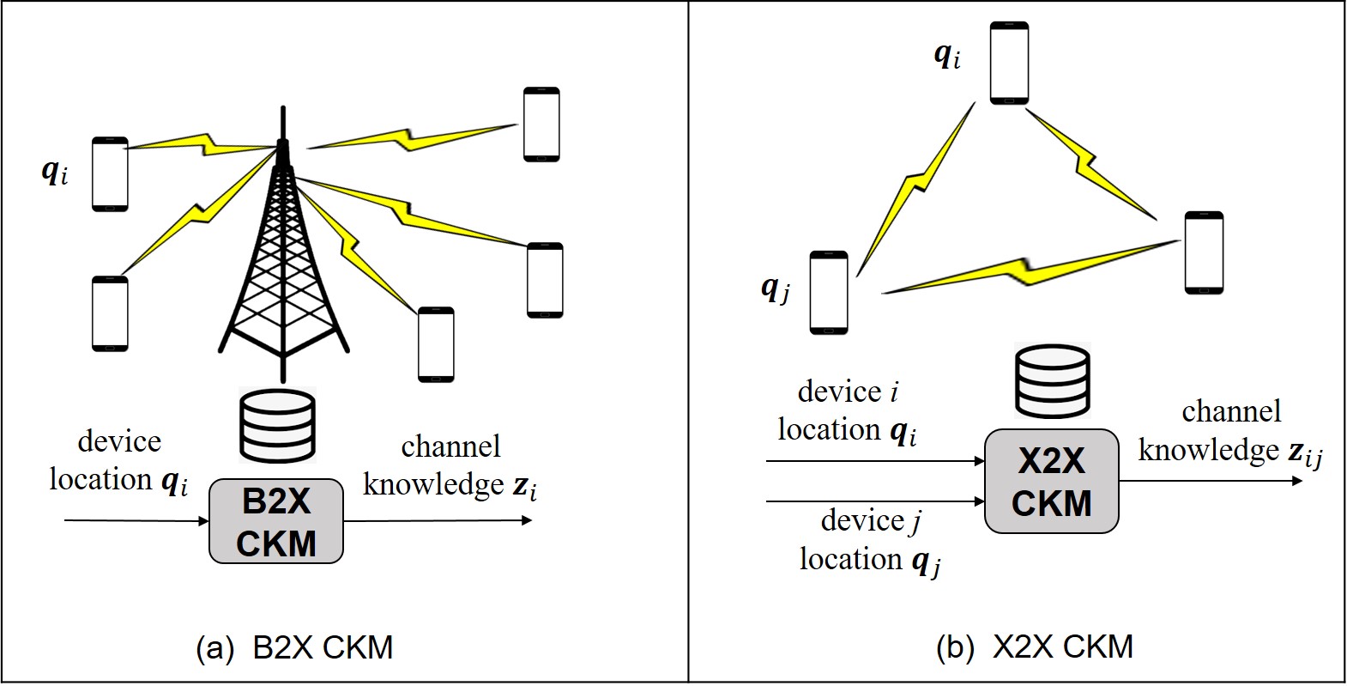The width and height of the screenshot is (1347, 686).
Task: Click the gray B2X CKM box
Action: point(276,521)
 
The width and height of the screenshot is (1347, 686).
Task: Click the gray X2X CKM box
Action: point(1051,482)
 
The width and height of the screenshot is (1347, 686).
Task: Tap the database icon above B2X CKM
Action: point(276,424)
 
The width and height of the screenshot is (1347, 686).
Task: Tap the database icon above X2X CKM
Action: point(1052,382)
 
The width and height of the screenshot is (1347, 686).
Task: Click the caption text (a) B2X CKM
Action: point(294,647)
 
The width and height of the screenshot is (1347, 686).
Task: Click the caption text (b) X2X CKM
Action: point(1035,646)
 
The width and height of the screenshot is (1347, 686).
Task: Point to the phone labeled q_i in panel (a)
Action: point(110,174)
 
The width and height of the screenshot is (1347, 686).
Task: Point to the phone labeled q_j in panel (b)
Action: point(828,292)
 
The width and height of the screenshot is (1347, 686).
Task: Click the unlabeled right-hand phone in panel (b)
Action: point(1203,252)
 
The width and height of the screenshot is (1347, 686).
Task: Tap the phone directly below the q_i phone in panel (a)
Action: point(110,313)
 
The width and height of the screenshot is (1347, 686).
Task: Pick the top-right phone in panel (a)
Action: point(541,124)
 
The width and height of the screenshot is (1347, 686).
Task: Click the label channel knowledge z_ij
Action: point(1229,432)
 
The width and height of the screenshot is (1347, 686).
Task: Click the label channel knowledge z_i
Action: point(450,466)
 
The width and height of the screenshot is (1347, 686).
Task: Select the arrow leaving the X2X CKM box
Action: point(1210,482)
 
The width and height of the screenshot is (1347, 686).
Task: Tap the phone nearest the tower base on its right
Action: point(436,344)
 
